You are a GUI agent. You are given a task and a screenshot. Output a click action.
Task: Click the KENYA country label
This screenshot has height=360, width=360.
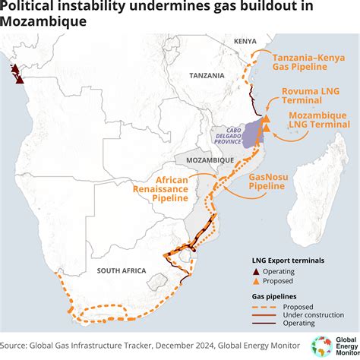[245, 40]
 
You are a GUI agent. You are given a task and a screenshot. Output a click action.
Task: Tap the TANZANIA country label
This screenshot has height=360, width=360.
[207, 75]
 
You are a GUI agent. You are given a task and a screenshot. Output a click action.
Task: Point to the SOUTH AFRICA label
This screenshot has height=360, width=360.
[115, 270]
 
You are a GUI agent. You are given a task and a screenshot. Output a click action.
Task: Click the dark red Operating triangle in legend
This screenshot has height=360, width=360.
[257, 271]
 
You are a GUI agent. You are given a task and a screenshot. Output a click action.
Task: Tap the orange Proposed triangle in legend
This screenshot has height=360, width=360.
[257, 280]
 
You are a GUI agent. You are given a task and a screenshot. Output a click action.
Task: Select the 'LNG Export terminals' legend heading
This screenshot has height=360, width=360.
[288, 260]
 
